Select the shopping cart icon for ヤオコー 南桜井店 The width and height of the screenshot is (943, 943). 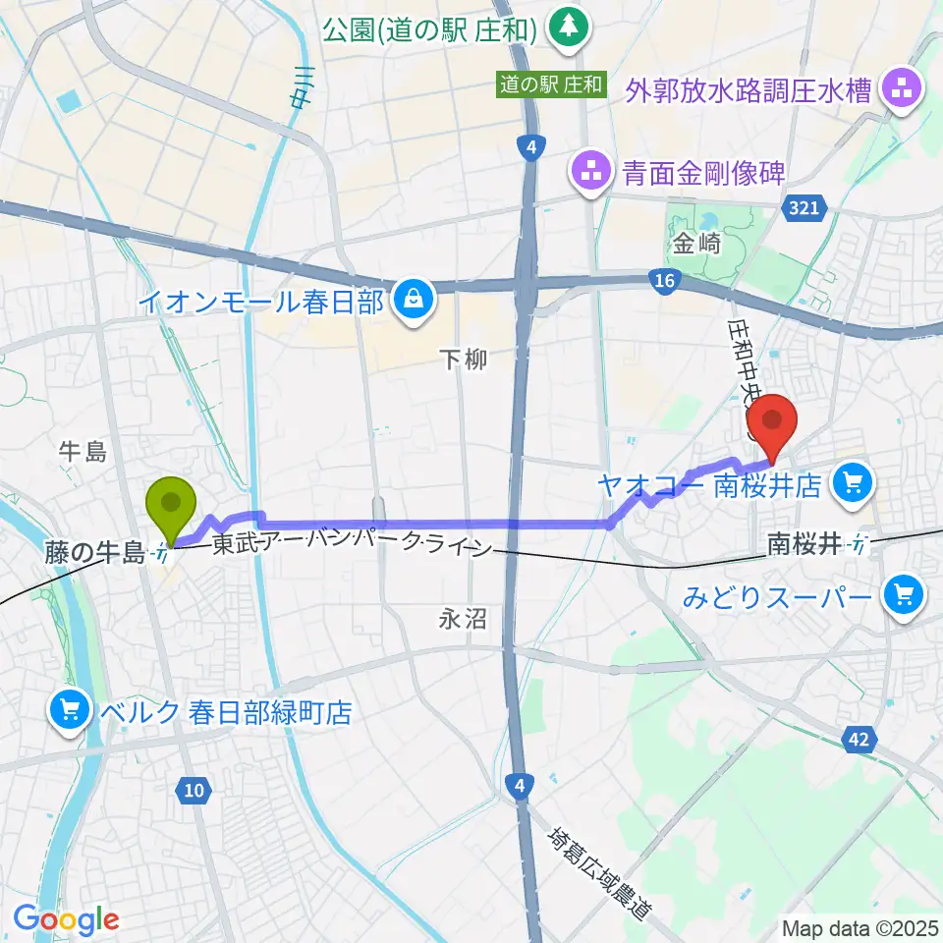tap(851, 482)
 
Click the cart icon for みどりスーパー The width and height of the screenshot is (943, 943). tap(903, 595)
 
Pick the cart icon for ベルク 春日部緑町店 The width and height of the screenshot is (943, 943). tap(70, 711)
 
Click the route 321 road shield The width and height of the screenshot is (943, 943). tap(807, 207)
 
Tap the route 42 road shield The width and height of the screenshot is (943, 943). tap(858, 740)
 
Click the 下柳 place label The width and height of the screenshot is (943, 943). tap(462, 361)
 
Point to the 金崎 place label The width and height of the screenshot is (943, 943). tap(697, 245)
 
